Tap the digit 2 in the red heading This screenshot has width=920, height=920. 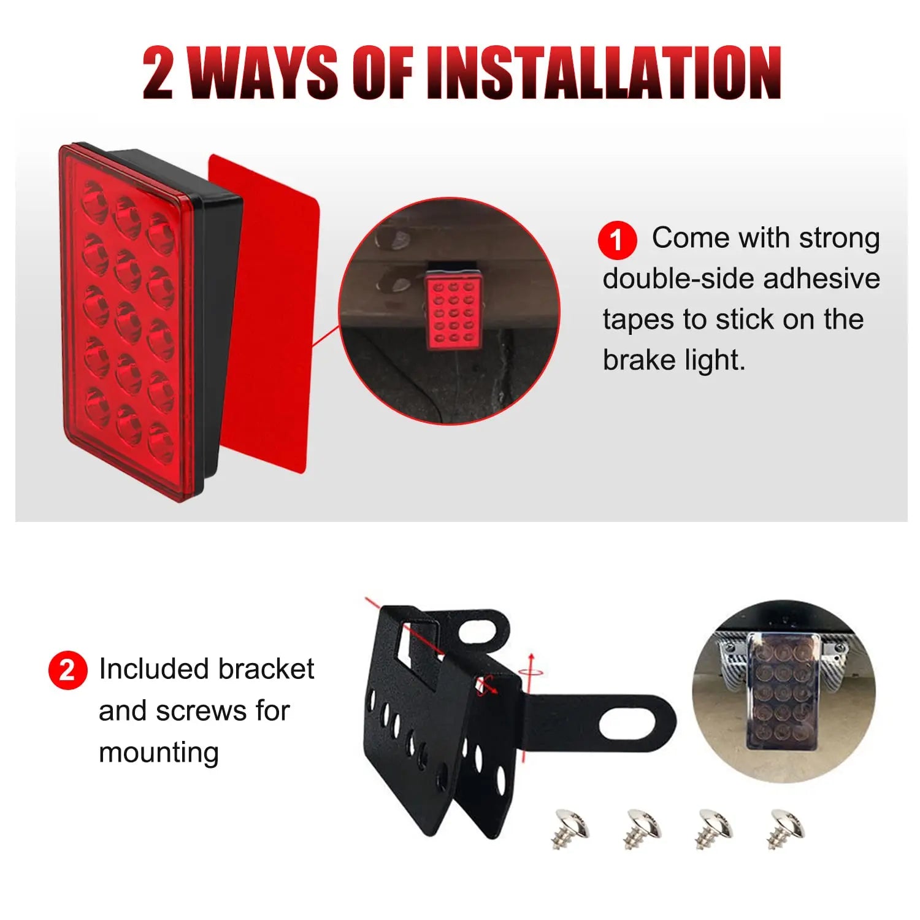(x=158, y=74)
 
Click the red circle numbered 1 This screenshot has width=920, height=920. (x=617, y=240)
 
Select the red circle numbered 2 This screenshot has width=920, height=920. (x=67, y=670)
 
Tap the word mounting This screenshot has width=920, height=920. (x=159, y=753)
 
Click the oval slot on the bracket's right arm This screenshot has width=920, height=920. (x=634, y=724)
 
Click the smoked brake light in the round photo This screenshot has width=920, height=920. (x=782, y=690)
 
